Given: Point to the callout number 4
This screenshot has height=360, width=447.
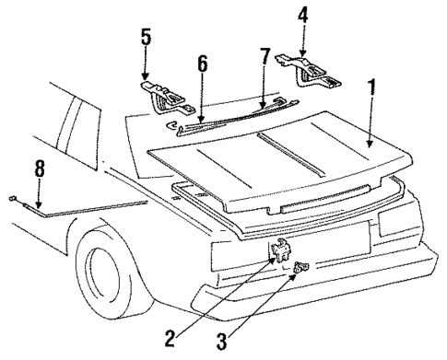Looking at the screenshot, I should [303, 15].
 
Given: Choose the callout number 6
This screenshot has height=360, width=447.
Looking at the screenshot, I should [202, 64].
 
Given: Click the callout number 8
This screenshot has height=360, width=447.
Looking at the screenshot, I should [38, 170].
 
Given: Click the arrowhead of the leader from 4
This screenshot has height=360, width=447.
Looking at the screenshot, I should [303, 51].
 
